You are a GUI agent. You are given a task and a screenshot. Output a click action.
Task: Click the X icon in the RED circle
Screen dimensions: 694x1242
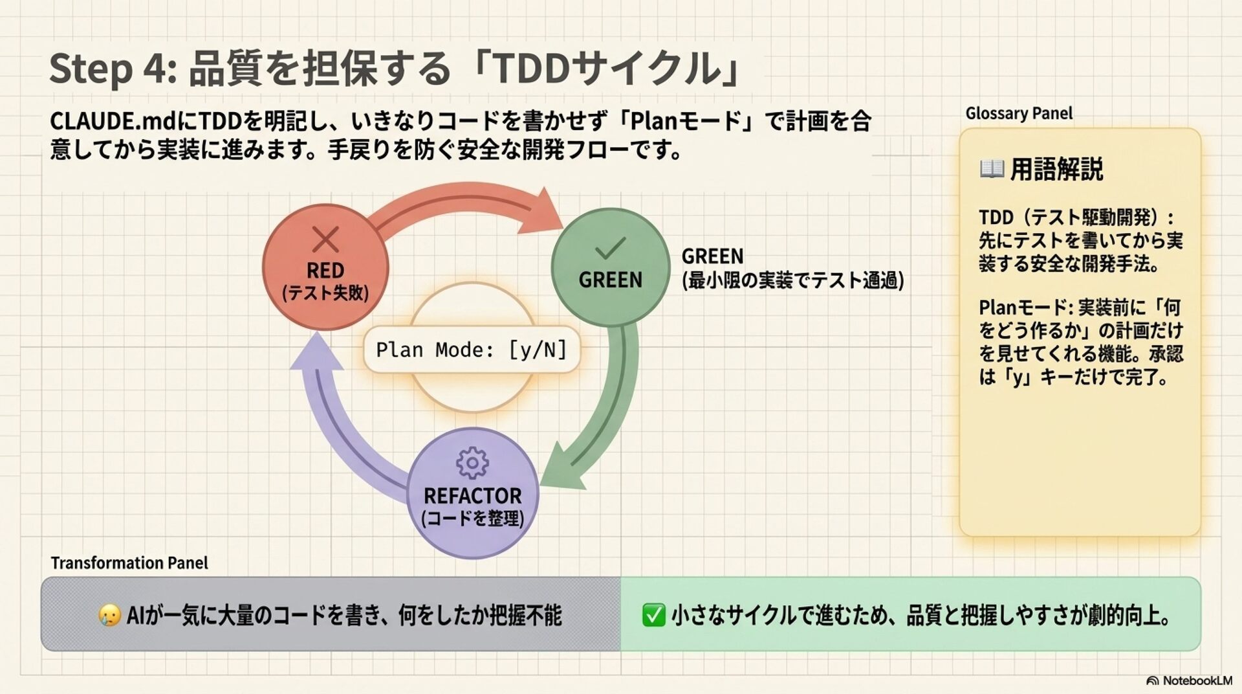point(325,240)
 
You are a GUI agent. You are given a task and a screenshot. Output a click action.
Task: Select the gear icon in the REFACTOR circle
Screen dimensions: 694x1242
point(472,463)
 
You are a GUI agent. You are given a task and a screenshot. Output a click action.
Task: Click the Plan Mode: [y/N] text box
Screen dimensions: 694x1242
point(472,350)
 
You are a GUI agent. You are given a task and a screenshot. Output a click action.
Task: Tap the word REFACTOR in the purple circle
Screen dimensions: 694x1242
point(472,496)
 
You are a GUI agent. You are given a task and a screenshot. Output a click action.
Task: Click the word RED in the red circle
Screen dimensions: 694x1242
point(325,270)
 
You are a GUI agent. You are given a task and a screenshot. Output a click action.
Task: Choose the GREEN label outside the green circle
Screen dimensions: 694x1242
point(712,256)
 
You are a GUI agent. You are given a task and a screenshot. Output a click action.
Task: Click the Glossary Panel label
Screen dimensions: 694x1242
point(1019,113)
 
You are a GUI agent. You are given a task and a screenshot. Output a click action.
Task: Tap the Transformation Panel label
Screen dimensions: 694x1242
point(129,563)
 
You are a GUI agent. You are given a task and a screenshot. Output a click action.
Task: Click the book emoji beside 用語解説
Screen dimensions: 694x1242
point(992,170)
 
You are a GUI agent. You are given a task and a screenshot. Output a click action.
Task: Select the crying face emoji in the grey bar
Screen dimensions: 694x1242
point(109,615)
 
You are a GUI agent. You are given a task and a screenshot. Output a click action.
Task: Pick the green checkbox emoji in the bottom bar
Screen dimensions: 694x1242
point(653,615)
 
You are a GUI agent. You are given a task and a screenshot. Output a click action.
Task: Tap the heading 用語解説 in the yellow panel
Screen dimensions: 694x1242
point(1056,170)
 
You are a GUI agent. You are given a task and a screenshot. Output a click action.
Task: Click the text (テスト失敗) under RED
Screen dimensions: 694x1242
point(325,293)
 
